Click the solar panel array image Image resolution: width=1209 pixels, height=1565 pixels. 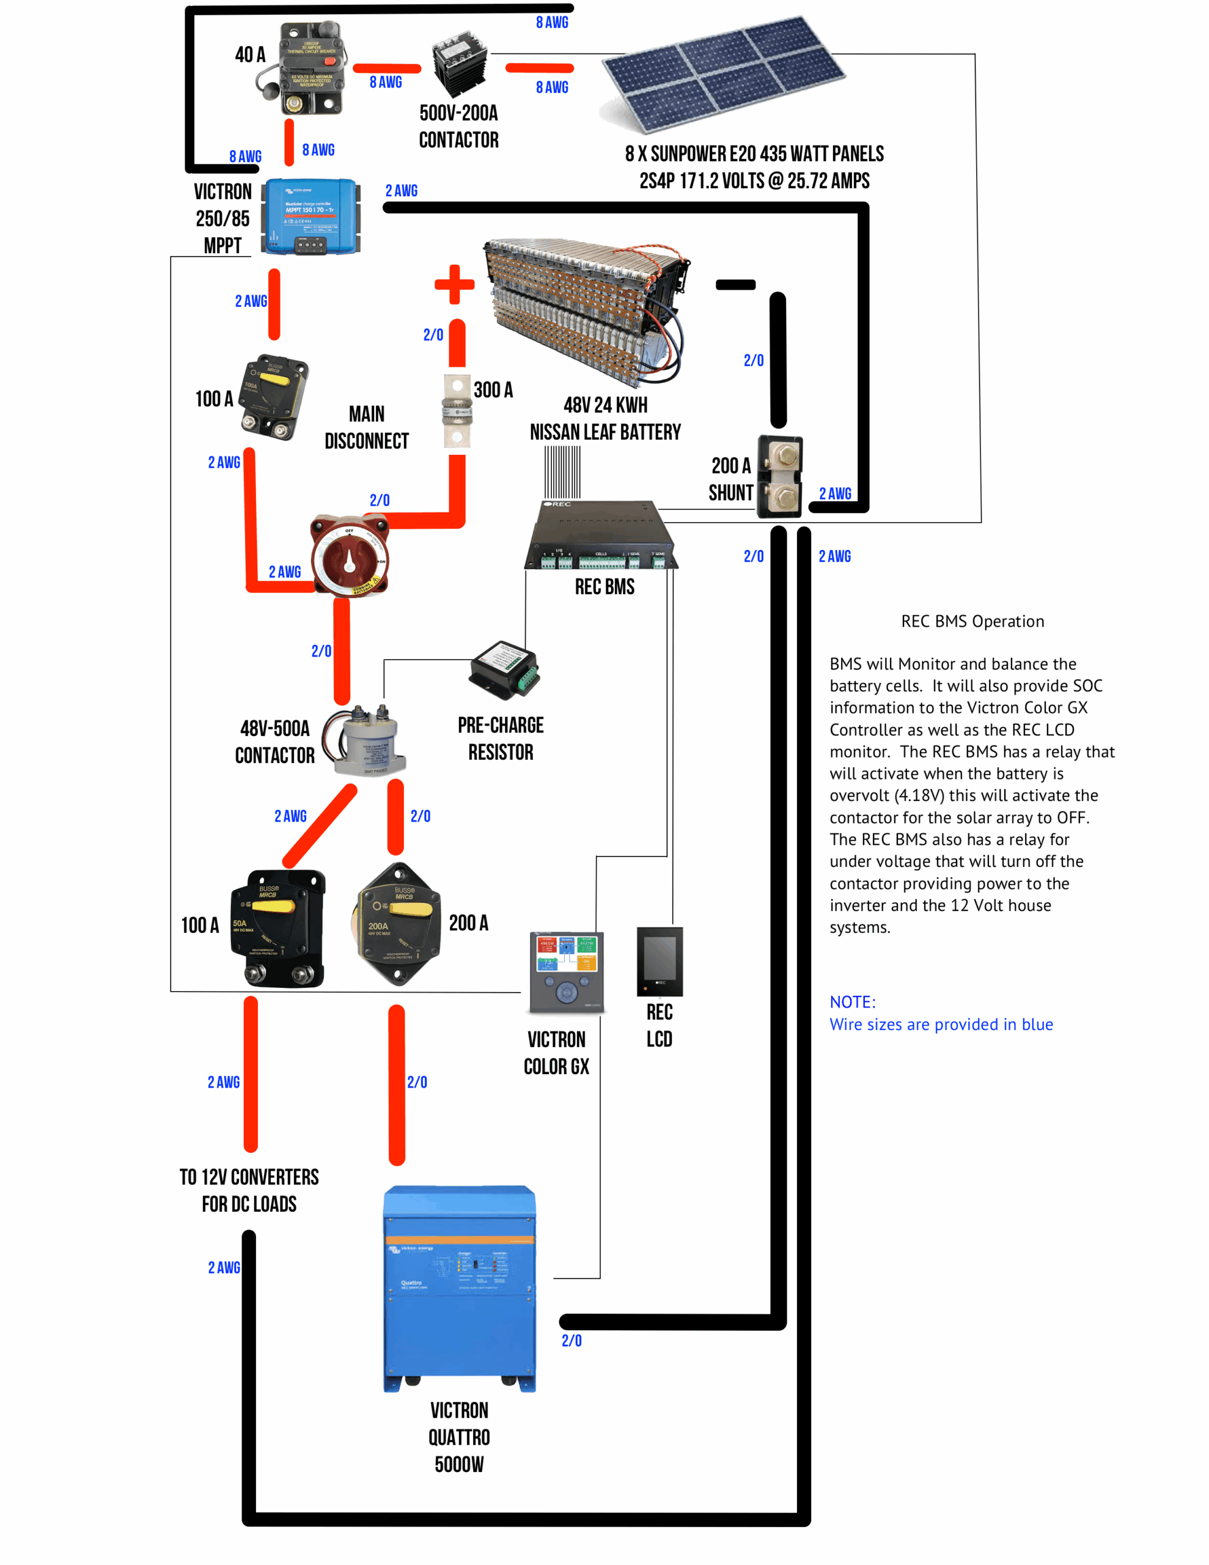[x=724, y=75]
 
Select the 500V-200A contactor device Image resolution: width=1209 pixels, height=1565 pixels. [x=460, y=63]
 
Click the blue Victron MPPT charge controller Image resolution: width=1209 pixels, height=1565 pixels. [x=311, y=216]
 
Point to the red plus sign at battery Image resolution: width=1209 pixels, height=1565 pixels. [x=454, y=284]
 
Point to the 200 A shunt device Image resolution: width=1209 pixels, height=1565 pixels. [x=781, y=476]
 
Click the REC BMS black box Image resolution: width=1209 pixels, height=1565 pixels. [x=601, y=536]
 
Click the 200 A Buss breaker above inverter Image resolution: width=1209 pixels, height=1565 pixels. [x=397, y=924]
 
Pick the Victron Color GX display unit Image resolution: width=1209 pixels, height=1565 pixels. [x=567, y=971]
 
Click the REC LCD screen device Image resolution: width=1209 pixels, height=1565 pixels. [x=660, y=961]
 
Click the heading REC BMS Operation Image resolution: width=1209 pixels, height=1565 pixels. [x=972, y=621]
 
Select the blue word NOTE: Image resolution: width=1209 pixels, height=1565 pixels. [x=852, y=1002]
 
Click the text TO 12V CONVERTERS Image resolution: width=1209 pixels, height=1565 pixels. [x=249, y=1177]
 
